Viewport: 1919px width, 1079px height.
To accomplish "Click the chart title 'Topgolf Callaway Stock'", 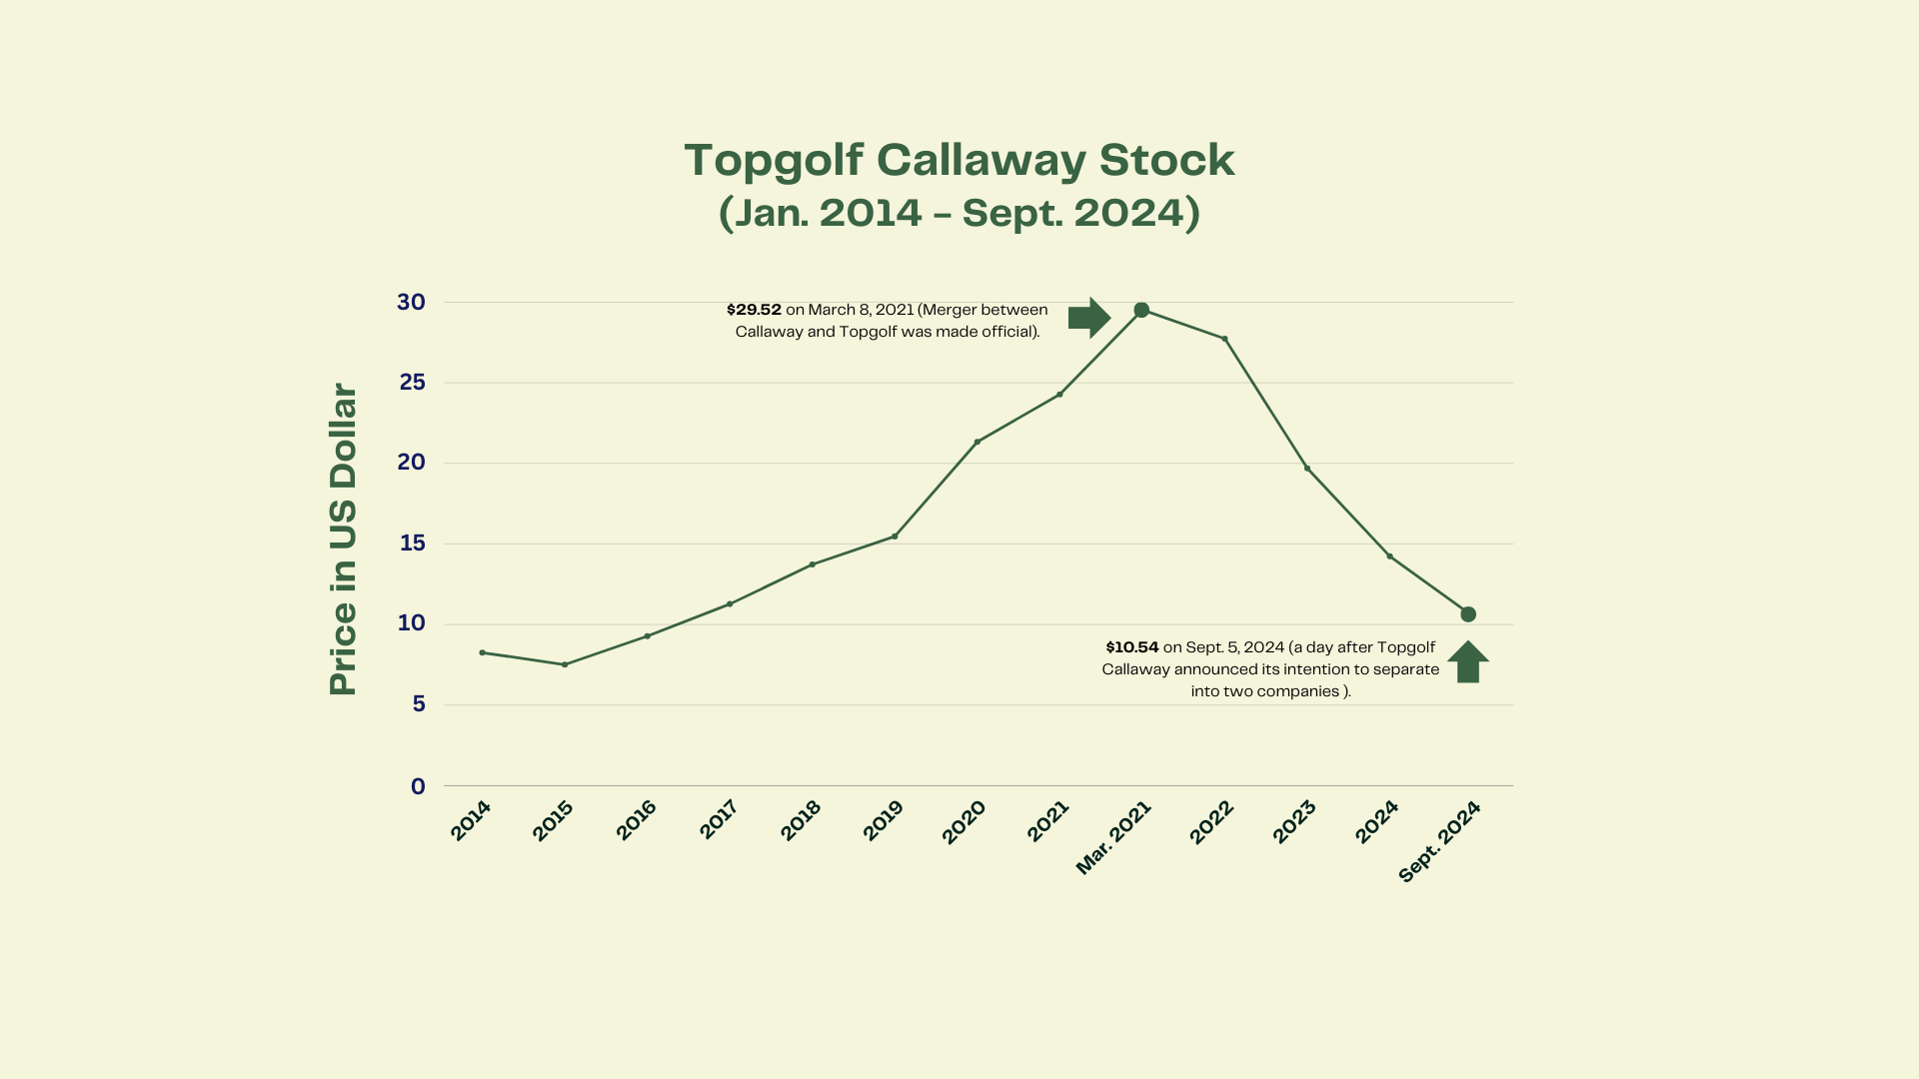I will tap(959, 160).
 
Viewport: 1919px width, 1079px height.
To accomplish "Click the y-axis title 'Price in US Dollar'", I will tap(343, 539).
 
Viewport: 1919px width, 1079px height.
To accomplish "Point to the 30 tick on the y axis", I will tap(411, 302).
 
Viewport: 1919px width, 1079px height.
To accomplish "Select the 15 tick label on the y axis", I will tap(412, 543).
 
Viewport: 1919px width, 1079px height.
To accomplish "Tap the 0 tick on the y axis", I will tap(418, 786).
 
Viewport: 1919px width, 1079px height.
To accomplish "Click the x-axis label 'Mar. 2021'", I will tap(1113, 838).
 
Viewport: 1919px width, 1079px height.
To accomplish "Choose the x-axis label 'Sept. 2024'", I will tap(1439, 842).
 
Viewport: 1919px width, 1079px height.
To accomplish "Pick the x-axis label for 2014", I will tap(471, 821).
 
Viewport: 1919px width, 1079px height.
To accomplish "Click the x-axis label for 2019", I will tap(883, 821).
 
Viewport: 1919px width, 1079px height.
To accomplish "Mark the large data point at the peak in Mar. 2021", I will tap(1141, 310).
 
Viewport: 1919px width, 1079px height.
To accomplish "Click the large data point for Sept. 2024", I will tap(1468, 614).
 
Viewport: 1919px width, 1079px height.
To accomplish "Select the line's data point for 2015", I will tap(565, 664).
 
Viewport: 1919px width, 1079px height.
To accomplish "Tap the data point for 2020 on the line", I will tap(976, 442).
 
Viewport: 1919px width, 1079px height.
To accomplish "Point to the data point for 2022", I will tap(1224, 339).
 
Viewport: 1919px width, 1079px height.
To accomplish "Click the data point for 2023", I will tap(1307, 469).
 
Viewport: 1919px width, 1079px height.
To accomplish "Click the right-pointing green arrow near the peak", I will tap(1088, 318).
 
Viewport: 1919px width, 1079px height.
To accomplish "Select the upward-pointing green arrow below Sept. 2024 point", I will tap(1468, 661).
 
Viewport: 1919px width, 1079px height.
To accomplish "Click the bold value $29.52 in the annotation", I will tap(754, 310).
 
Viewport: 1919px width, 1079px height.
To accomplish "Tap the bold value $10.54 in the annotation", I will tap(1132, 647).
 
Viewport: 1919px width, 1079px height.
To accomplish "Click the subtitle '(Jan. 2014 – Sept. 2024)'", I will tap(959, 213).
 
